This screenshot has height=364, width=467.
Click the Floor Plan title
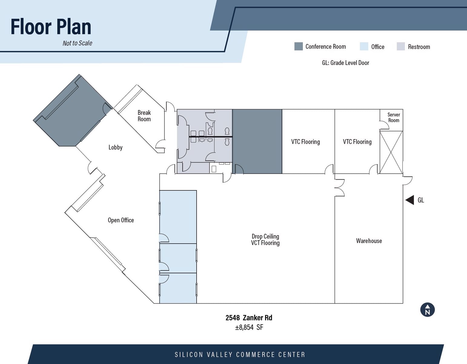(51, 27)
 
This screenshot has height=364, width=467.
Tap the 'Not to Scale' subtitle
(77, 43)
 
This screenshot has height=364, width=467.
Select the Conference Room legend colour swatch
(298, 46)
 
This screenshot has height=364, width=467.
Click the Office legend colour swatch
(364, 46)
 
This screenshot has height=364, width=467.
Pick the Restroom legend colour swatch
(401, 46)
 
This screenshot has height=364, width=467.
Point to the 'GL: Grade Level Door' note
(345, 63)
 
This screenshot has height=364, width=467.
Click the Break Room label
(144, 116)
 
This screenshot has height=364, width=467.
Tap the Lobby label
(115, 147)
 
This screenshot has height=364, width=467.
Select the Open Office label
(121, 220)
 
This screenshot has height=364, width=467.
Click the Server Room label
(393, 117)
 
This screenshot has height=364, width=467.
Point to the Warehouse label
(369, 241)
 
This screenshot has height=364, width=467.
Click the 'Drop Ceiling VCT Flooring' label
(265, 240)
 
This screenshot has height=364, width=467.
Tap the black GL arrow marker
(410, 200)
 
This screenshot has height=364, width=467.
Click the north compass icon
(427, 310)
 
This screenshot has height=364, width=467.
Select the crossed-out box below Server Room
(391, 152)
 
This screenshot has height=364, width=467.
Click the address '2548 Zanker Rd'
(249, 318)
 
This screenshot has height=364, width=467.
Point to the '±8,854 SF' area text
(249, 327)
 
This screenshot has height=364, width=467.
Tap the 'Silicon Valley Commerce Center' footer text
(240, 355)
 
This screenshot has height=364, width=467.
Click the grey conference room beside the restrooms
(257, 141)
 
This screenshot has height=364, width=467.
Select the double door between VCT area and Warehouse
(339, 188)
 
